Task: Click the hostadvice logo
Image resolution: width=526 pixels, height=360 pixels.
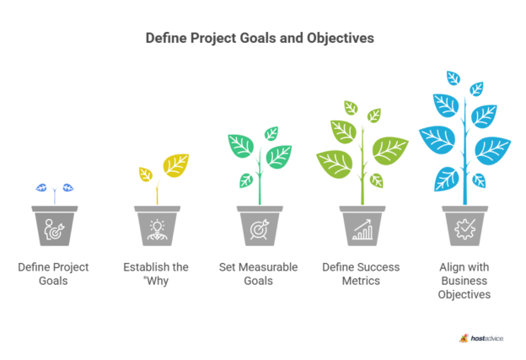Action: (481, 338)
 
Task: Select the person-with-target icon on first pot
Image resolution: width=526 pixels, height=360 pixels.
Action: (54, 229)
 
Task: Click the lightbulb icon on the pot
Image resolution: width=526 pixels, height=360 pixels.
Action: (158, 230)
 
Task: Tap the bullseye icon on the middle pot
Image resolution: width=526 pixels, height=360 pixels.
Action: (260, 229)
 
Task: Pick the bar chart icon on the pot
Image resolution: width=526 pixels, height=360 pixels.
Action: (362, 230)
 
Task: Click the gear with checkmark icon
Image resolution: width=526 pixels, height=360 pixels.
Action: (465, 229)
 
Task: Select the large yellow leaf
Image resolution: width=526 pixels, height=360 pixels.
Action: (176, 165)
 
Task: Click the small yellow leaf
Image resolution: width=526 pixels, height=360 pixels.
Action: (146, 175)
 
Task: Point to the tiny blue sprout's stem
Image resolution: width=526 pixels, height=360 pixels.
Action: (54, 196)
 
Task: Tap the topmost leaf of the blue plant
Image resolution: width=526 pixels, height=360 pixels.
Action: (454, 78)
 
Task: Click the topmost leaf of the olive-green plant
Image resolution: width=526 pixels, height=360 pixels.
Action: (351, 108)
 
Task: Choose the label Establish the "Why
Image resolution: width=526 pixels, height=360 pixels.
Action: (156, 274)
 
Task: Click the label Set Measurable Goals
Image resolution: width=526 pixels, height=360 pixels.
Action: (258, 274)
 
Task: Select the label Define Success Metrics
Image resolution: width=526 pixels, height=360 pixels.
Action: (361, 274)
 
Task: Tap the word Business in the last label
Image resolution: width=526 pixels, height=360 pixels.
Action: (464, 281)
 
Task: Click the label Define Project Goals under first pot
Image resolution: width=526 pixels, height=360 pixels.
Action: (53, 274)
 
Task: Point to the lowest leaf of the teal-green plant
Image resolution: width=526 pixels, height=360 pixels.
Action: (246, 180)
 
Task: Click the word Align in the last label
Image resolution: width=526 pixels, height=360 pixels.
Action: (450, 268)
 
